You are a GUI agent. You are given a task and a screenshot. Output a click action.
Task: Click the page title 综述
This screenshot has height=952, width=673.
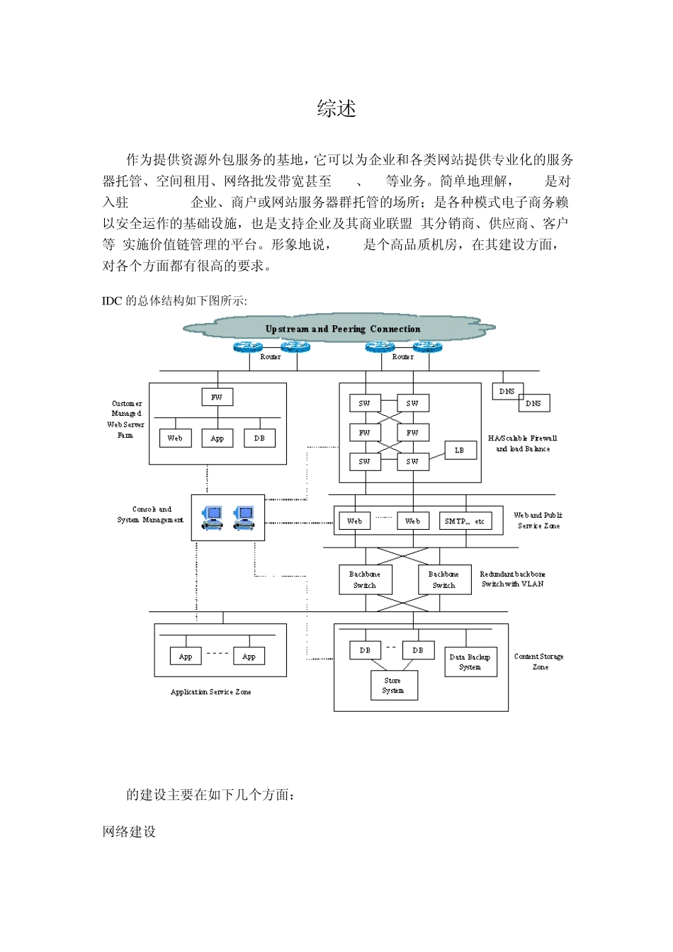tap(336, 108)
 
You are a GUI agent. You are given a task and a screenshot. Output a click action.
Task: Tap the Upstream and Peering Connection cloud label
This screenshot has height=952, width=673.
tap(342, 329)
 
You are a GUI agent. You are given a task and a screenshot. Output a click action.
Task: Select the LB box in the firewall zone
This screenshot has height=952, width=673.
tap(460, 450)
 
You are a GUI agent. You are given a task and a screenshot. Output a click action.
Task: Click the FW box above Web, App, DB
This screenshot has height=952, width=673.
tap(217, 397)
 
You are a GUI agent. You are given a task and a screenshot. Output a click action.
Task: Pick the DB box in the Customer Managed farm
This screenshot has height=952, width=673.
tap(259, 438)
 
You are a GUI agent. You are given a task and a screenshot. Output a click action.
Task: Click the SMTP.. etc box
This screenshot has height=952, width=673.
tap(464, 521)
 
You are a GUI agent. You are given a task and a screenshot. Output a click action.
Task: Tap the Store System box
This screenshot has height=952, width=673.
tap(394, 685)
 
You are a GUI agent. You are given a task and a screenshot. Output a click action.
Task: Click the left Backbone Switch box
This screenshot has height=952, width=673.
tap(365, 579)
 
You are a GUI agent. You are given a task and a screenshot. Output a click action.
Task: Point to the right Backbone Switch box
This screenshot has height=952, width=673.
tap(444, 579)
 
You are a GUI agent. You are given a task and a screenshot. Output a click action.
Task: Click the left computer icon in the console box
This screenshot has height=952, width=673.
tap(212, 518)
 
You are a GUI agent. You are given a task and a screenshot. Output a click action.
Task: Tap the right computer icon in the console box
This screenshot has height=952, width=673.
tap(244, 518)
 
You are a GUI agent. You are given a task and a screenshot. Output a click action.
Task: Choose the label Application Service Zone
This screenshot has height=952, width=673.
tap(210, 692)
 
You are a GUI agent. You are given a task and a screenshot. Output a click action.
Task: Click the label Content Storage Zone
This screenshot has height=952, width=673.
tap(539, 662)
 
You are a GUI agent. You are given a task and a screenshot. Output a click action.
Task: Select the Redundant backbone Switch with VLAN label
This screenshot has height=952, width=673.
tap(513, 579)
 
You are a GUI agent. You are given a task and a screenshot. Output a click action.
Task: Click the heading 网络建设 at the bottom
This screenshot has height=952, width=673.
tap(129, 832)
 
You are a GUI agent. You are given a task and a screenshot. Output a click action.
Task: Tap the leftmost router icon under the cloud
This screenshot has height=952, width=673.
tap(248, 347)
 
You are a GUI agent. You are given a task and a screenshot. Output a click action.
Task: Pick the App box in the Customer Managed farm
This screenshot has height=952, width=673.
tap(217, 438)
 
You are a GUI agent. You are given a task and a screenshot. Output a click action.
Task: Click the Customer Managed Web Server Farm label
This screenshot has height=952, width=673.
tap(126, 419)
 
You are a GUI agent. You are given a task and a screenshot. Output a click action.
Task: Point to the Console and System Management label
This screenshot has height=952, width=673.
tap(150, 514)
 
